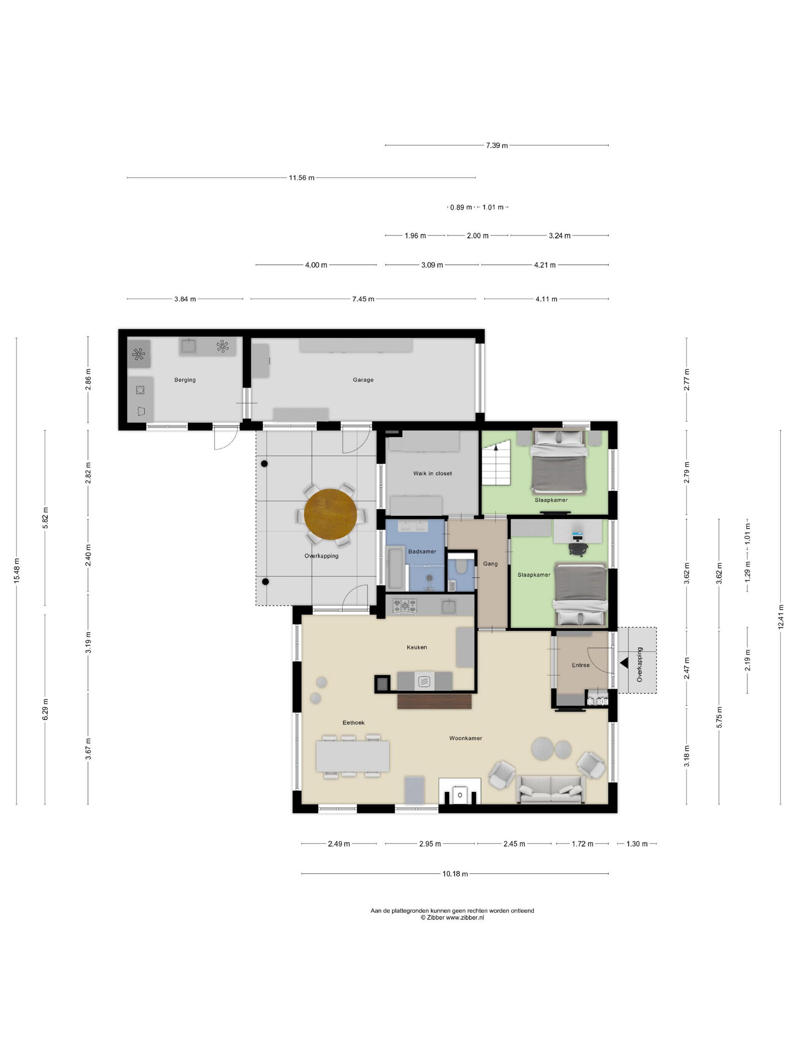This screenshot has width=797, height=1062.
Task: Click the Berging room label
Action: [x=185, y=380]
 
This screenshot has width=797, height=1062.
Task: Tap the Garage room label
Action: [x=363, y=380]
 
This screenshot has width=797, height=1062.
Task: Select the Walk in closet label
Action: [x=432, y=473]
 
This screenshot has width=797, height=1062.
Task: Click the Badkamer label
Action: [x=422, y=551]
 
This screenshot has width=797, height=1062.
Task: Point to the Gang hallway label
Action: [x=490, y=564]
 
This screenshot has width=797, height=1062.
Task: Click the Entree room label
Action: [x=580, y=665]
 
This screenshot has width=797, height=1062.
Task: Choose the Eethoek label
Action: [x=354, y=723]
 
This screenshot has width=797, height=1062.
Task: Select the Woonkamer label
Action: [x=466, y=738]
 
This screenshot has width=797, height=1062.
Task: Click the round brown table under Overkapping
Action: [x=331, y=514]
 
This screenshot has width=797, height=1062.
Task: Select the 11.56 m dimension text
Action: [x=302, y=178]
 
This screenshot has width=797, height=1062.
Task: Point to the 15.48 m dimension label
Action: [x=17, y=571]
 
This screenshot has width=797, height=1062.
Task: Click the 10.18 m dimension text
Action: [x=455, y=874]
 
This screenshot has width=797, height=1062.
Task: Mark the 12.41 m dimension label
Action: [x=781, y=616]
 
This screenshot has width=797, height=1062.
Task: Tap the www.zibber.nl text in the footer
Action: [x=465, y=917]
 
